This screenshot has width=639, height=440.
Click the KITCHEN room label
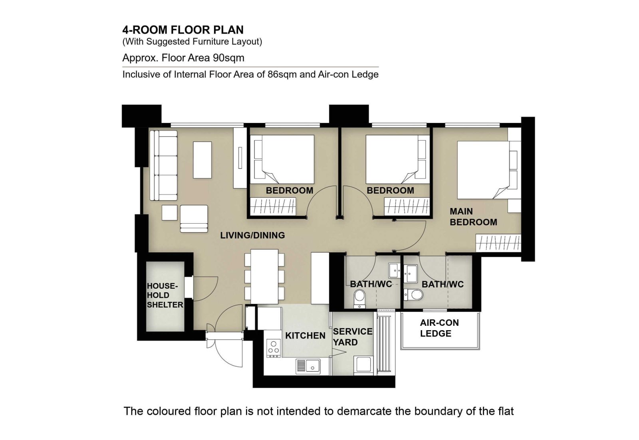tap(305, 336)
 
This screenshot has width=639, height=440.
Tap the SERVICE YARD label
tap(353, 337)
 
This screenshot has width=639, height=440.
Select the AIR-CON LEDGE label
tap(439, 328)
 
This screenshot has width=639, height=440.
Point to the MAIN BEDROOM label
tap(473, 217)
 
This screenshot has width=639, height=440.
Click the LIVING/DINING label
tap(252, 235)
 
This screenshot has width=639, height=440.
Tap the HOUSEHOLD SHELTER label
tap(165, 295)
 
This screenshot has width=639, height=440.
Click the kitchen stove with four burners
tap(274, 348)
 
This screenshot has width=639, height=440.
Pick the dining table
tap(264, 276)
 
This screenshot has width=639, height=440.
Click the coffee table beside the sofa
tap(202, 160)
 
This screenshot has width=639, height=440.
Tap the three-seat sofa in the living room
tap(163, 165)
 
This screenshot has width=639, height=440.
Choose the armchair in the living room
tap(194, 219)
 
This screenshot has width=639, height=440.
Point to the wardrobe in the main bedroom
tap(498, 243)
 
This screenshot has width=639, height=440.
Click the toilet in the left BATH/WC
tap(359, 299)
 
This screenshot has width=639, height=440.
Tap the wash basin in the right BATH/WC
tap(411, 274)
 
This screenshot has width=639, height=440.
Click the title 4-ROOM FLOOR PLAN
tap(183, 30)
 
